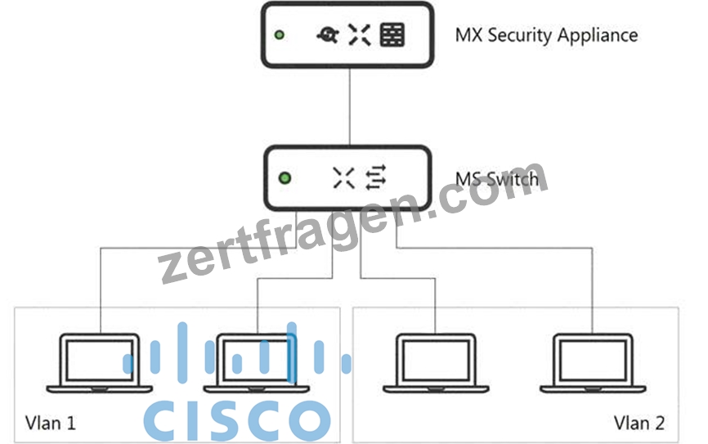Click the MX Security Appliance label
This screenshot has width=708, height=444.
point(546,35)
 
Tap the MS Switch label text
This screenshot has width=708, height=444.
point(497,179)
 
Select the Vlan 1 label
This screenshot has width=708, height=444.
point(50,424)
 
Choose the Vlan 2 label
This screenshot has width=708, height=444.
point(639,424)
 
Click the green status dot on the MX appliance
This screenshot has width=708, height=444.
point(280,35)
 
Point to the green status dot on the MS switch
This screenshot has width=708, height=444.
point(285,178)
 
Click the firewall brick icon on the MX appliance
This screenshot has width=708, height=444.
point(392,35)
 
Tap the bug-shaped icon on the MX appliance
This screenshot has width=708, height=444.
point(328,35)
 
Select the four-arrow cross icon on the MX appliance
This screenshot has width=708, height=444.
point(360,35)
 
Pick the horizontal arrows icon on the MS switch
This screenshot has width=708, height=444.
point(376,177)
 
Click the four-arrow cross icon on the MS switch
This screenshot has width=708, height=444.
point(343,177)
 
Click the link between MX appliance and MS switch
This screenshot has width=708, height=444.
point(350,106)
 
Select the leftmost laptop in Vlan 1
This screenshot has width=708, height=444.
point(100,364)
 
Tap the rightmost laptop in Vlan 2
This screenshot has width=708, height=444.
point(593,364)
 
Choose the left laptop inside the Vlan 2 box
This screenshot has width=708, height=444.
point(436,364)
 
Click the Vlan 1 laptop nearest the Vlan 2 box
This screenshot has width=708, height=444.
point(256,364)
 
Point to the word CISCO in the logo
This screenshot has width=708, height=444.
point(237,420)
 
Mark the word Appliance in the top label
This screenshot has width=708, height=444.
point(598,35)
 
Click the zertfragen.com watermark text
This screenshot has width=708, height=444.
point(353,222)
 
